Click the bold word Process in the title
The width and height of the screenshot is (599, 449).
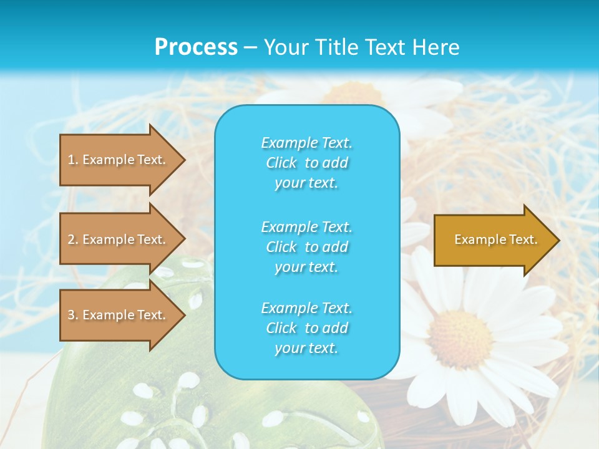196,47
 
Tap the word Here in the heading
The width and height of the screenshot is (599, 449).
435,47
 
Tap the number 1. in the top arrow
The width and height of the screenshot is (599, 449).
73,160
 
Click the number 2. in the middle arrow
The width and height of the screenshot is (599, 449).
73,239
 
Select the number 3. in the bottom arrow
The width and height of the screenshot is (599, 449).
73,315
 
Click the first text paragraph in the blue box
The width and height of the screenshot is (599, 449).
306,163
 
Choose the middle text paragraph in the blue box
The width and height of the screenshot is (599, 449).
306,247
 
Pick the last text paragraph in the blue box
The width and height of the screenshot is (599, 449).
306,328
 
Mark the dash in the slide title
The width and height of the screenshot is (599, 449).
250,47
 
